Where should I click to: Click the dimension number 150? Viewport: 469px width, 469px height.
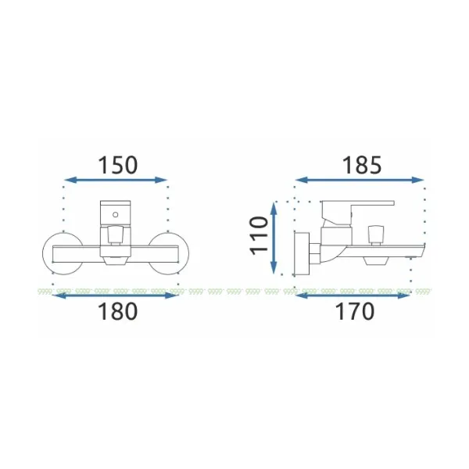(118, 165)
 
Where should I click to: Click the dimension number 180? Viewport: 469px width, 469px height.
(118, 311)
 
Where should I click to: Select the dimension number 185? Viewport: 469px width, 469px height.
(362, 165)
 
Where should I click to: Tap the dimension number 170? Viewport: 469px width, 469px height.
(356, 311)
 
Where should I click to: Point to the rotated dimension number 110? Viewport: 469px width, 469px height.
(259, 236)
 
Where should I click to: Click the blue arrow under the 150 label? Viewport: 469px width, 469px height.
(116, 180)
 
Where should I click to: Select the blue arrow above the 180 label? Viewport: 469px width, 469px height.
(115, 295)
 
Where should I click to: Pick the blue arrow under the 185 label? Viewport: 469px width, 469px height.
(360, 180)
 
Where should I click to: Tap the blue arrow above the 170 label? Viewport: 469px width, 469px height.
(353, 295)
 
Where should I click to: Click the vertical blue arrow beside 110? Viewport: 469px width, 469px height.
(274, 238)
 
